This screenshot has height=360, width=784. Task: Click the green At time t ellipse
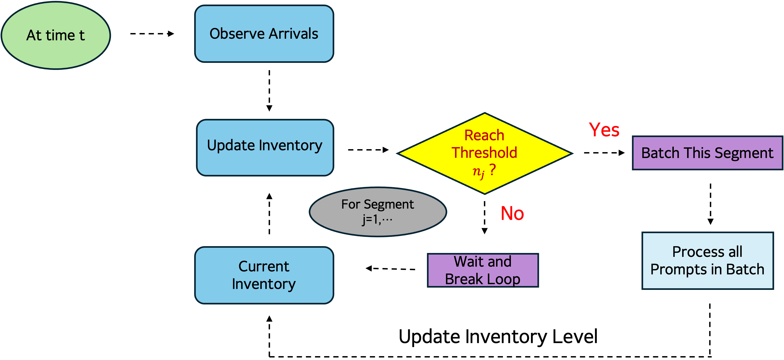coord(56,35)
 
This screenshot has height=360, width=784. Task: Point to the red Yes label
coord(604,130)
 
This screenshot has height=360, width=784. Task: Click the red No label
coord(512,213)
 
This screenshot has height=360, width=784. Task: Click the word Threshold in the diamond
coord(484,153)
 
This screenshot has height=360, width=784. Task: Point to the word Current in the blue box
coord(264,267)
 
